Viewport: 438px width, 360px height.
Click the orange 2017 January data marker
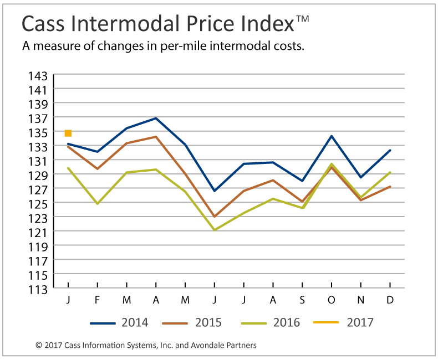click(68, 133)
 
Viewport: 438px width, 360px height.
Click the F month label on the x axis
click(98, 300)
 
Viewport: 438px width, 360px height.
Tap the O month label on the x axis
click(332, 300)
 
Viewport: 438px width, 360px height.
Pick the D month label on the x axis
click(390, 300)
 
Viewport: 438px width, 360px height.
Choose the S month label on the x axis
click(302, 300)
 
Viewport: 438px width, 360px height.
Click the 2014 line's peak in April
click(156, 118)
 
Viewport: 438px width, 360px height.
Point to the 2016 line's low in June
click(215, 230)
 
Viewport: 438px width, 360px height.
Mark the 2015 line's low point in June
click(215, 217)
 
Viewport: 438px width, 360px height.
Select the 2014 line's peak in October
click(332, 136)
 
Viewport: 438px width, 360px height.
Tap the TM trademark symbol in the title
click(302, 19)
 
